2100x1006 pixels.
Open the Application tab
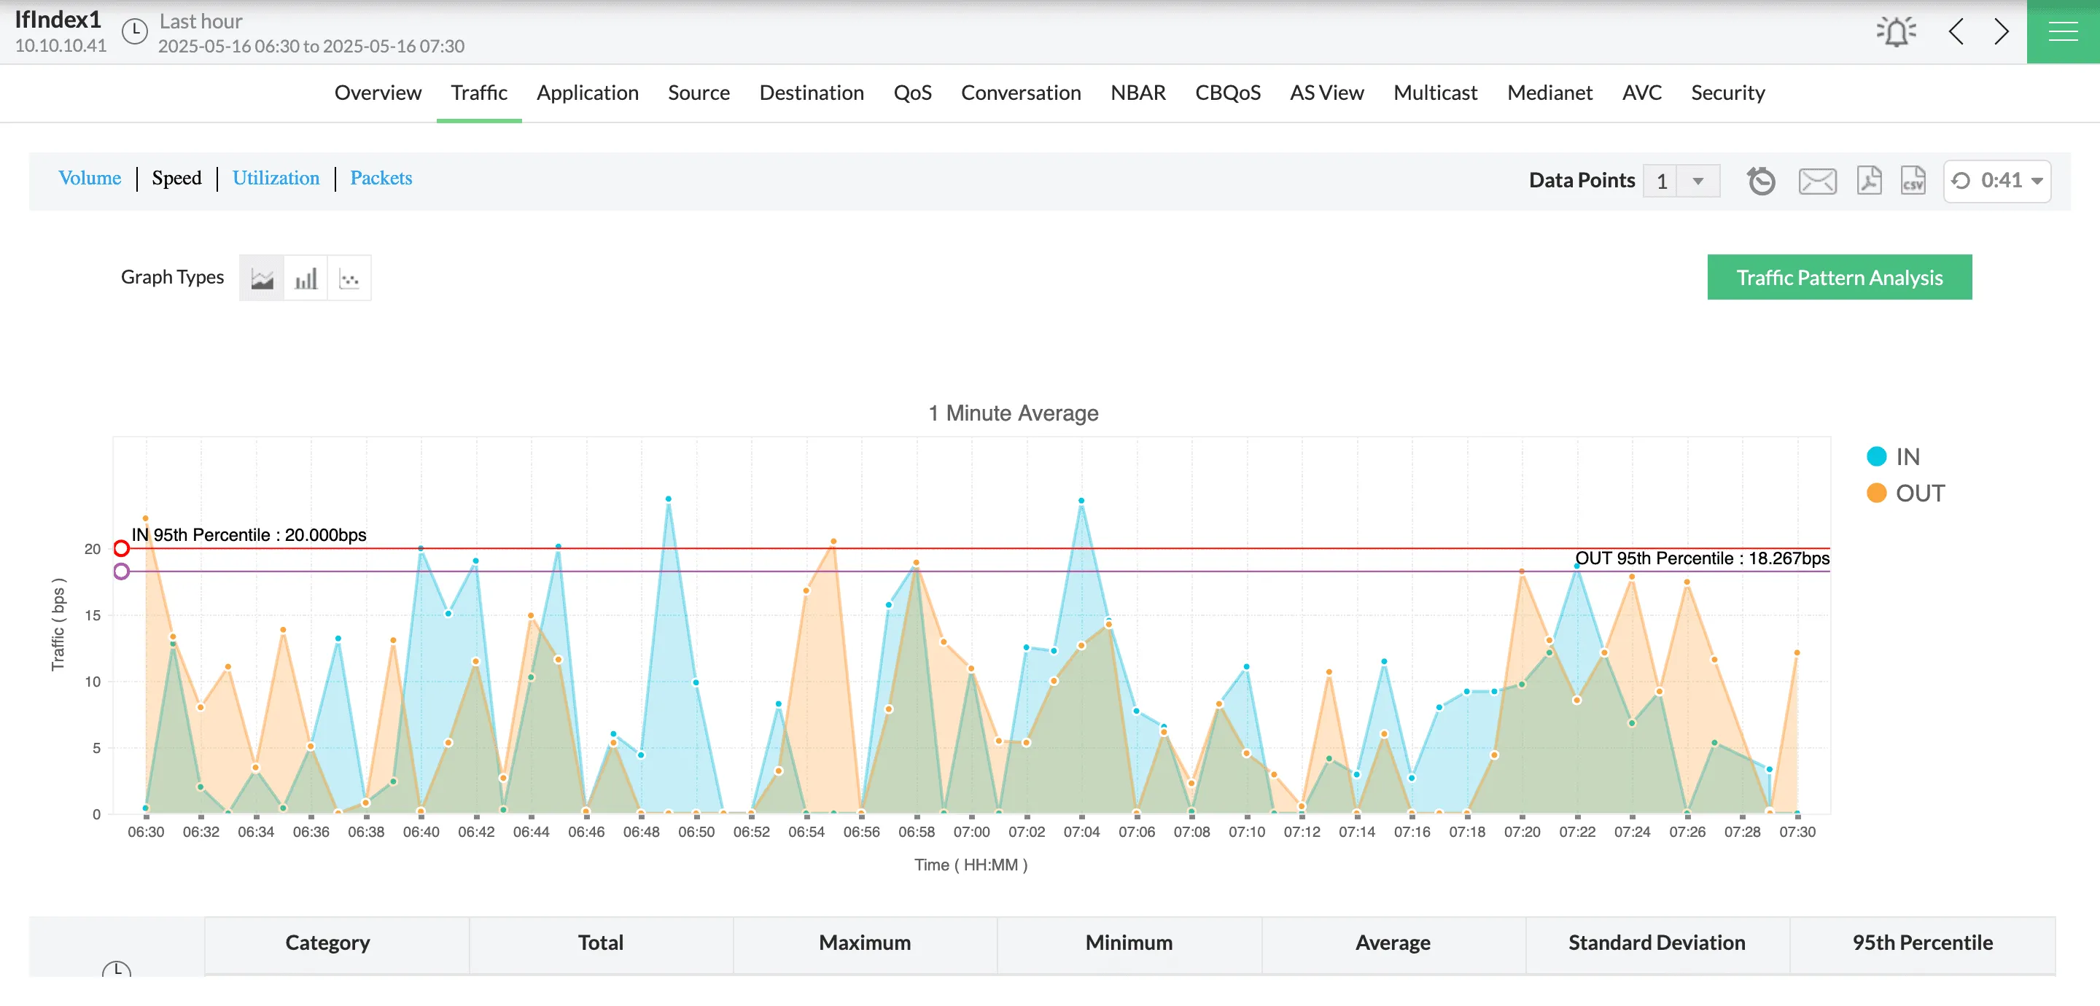[x=587, y=93]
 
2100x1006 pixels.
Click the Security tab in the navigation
[x=1727, y=93]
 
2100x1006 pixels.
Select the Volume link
[x=90, y=178]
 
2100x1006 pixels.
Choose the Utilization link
[x=276, y=178]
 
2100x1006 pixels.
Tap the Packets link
[x=381, y=178]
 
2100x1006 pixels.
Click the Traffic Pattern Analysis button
[x=1839, y=277]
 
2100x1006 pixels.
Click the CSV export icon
[x=1913, y=180]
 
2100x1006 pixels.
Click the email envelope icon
[x=1817, y=180]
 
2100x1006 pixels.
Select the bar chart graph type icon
[x=306, y=278]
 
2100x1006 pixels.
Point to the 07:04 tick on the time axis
[x=1081, y=832]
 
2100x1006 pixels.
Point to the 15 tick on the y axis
[x=93, y=615]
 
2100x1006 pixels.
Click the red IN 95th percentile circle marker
[x=122, y=548]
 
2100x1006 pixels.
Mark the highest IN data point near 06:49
[x=669, y=499]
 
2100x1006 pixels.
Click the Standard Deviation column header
[x=1657, y=943]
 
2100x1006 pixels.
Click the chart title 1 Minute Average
[x=1014, y=413]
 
